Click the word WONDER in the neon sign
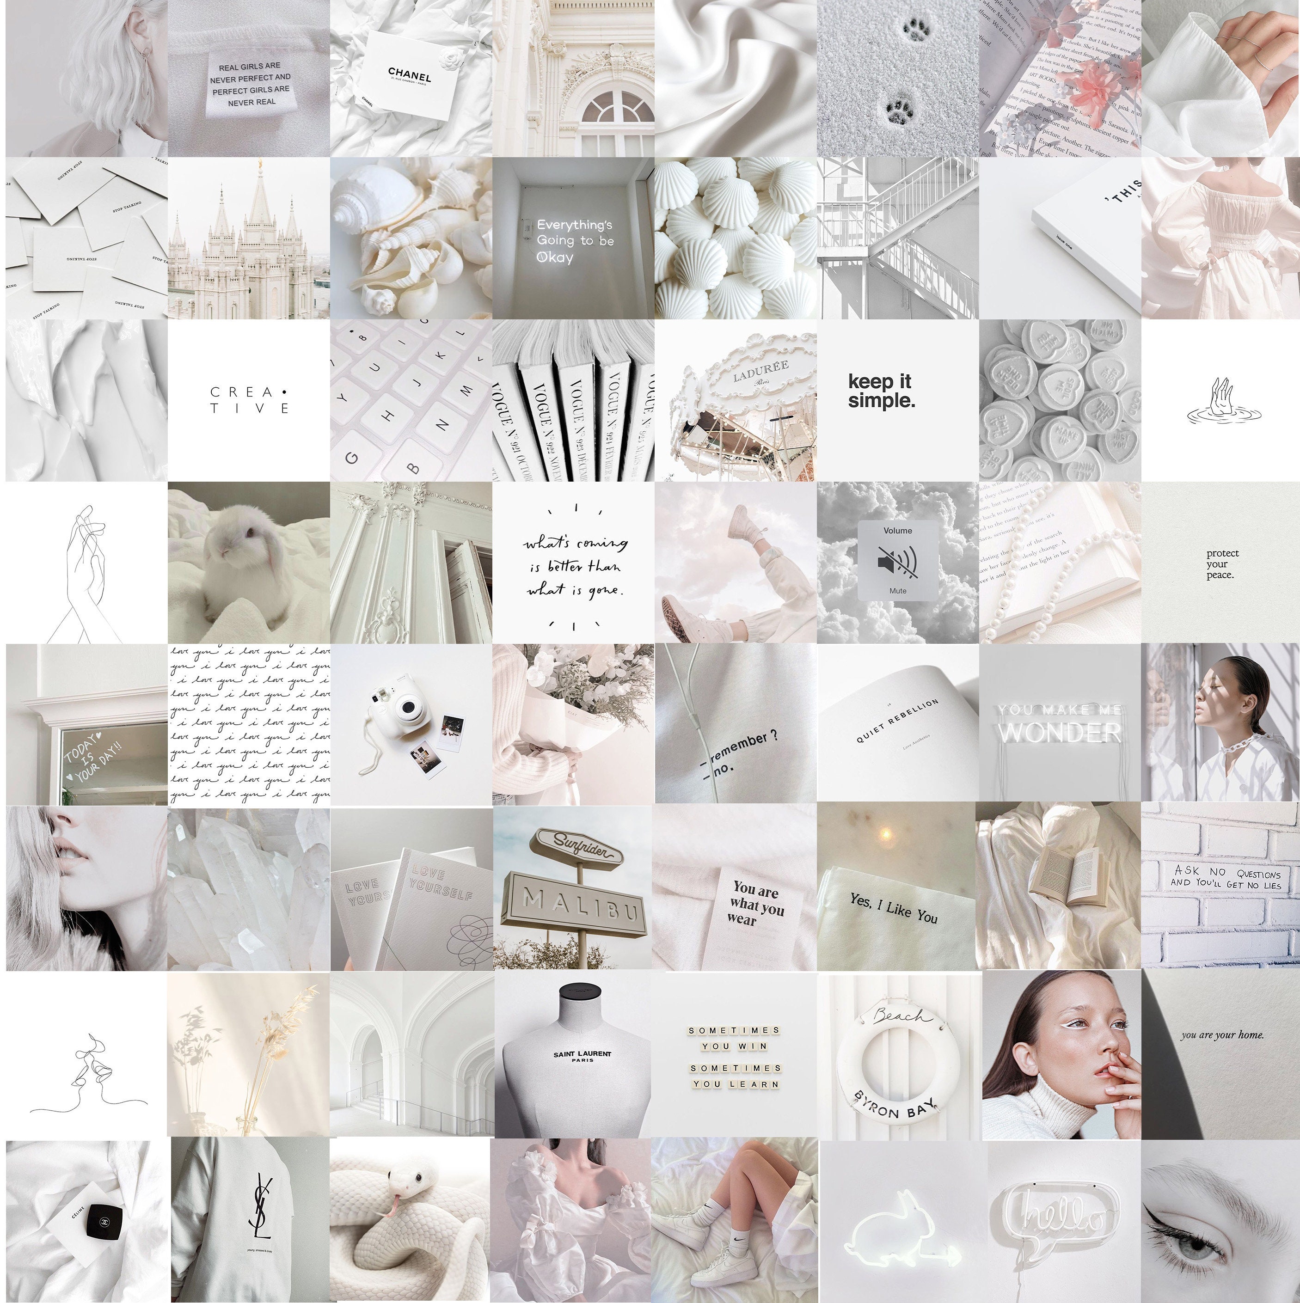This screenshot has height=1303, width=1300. tap(1060, 732)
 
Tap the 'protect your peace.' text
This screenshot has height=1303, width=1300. tap(1222, 564)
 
